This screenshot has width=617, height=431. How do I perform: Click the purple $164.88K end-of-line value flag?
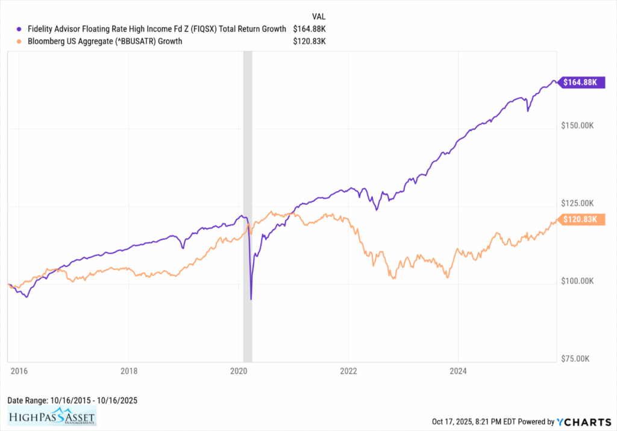(579, 83)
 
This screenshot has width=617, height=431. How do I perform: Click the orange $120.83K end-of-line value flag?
(579, 220)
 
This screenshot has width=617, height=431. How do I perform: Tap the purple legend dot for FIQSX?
(19, 29)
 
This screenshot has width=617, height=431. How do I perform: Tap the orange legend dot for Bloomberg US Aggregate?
(19, 42)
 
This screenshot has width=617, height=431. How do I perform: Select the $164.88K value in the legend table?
(310, 29)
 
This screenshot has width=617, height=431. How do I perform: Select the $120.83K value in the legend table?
(310, 42)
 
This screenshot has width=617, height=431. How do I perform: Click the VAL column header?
(319, 16)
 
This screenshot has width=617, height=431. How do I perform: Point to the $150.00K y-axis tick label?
(577, 125)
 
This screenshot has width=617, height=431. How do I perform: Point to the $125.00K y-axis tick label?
(577, 203)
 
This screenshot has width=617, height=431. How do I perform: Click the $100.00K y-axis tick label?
(577, 281)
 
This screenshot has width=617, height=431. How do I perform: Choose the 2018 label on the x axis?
(129, 371)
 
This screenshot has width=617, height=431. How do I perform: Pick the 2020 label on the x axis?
(239, 371)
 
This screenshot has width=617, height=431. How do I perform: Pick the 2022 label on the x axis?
(348, 371)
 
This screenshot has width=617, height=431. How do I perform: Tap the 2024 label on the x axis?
(458, 371)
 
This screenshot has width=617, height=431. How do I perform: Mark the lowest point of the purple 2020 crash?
(251, 298)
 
